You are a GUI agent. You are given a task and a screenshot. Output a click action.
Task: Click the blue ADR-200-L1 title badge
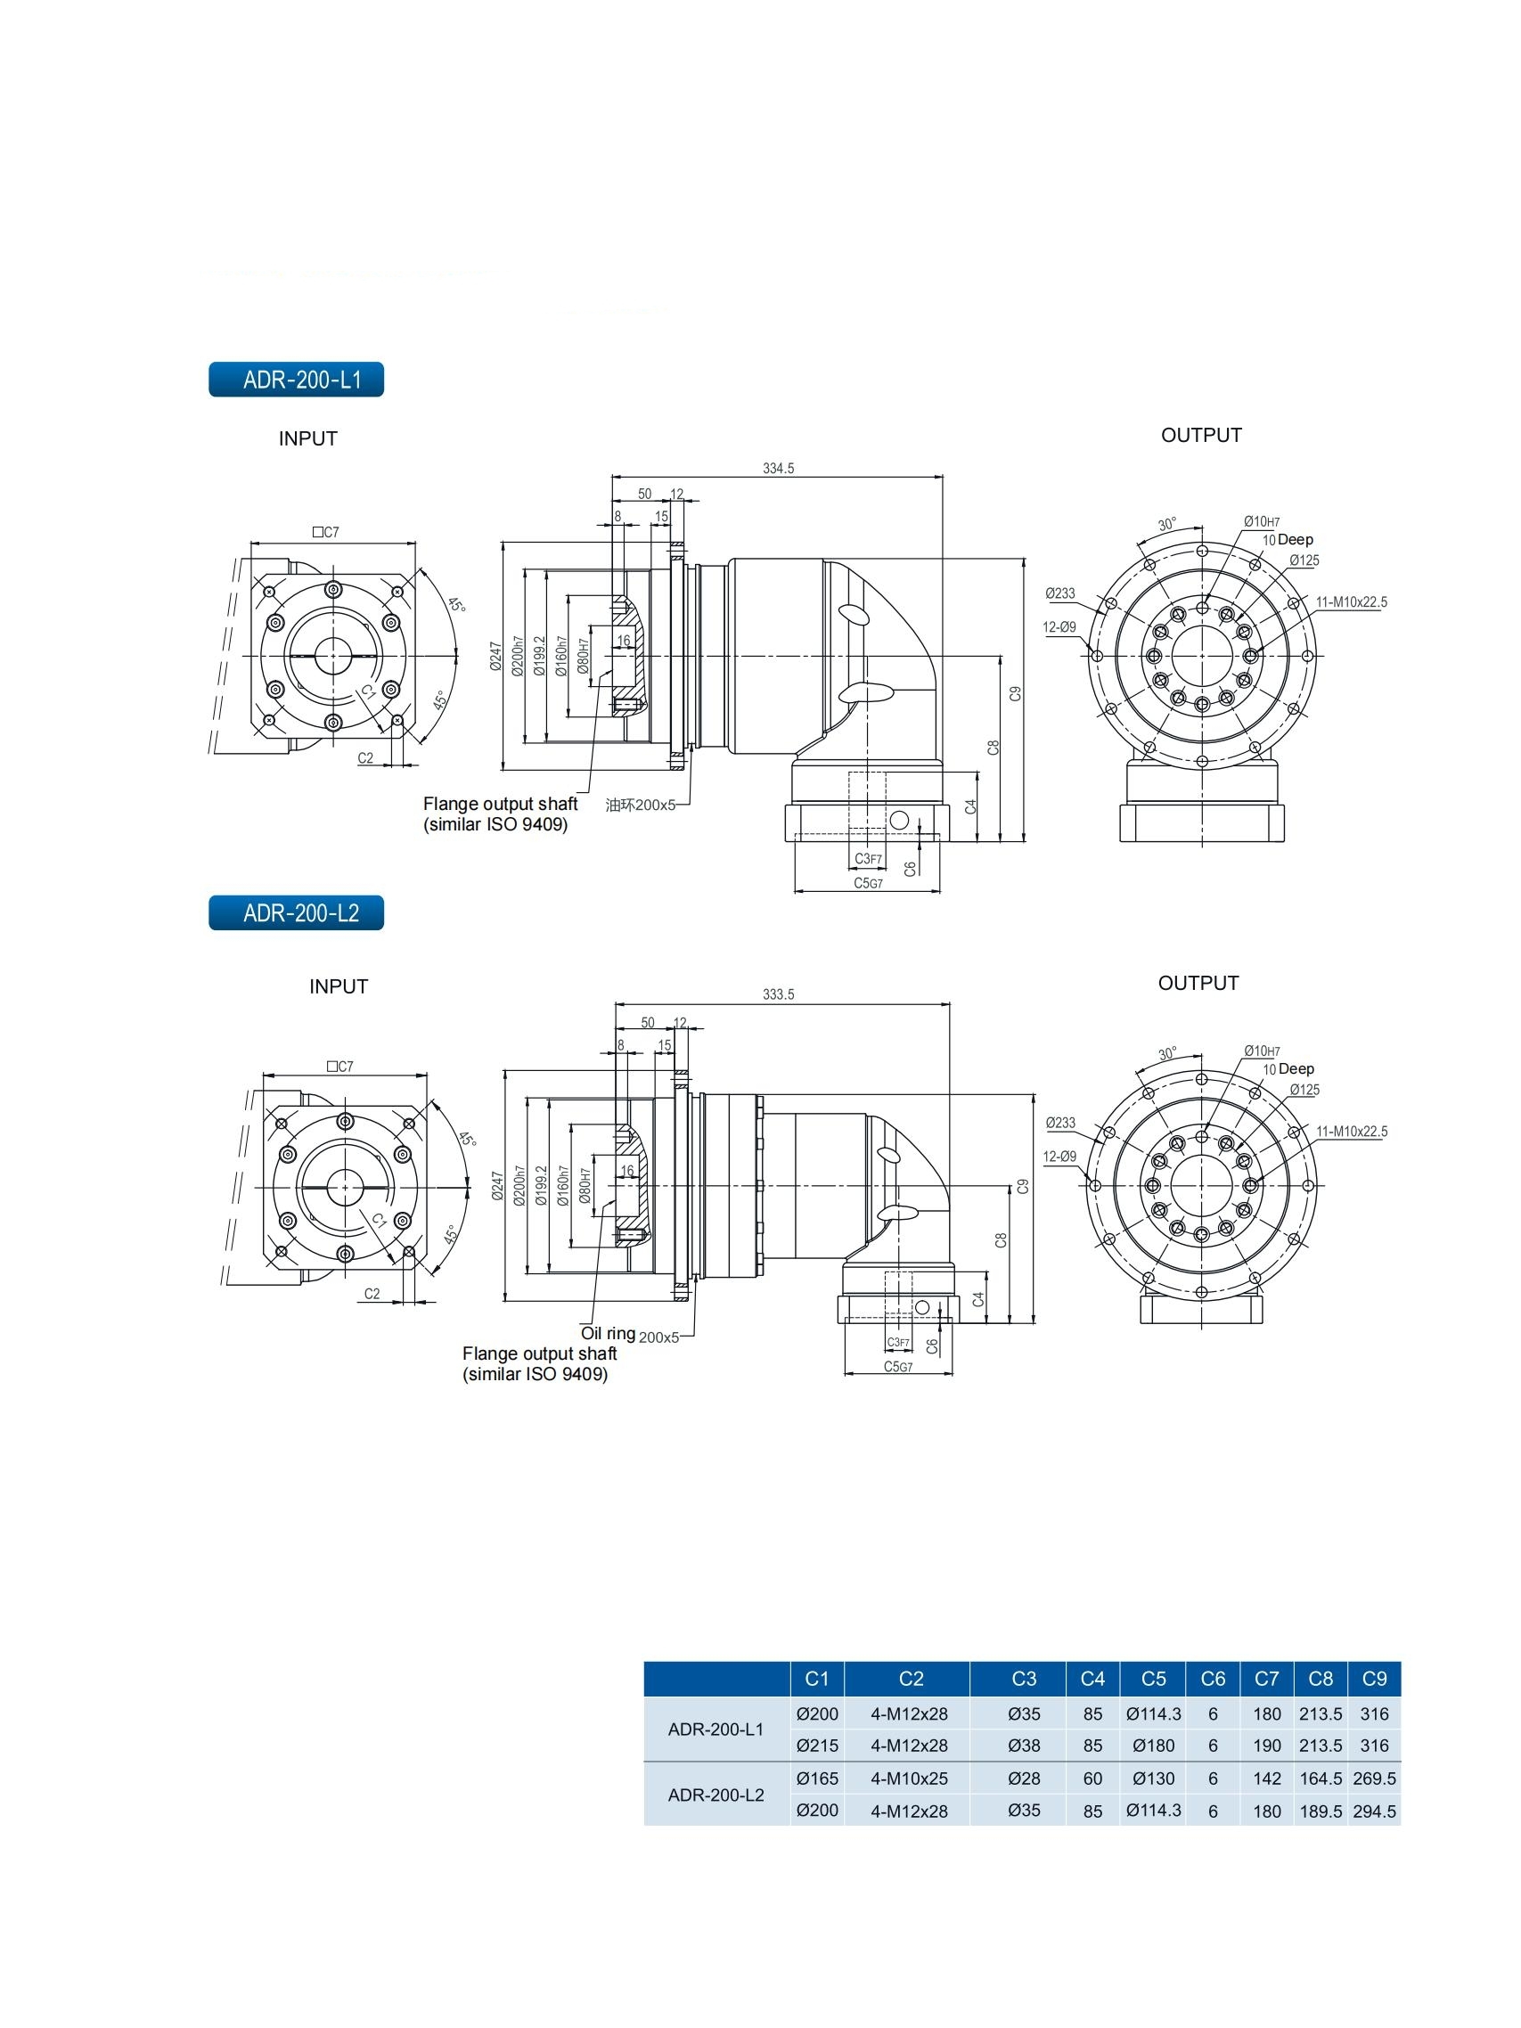(x=295, y=380)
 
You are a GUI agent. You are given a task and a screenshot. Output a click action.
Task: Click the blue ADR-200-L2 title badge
(x=295, y=913)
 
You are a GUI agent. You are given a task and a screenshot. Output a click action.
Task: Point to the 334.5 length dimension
(x=778, y=469)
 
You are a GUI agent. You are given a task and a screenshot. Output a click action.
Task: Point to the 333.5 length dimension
(x=778, y=994)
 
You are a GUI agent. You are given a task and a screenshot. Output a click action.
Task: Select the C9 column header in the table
(x=1373, y=1679)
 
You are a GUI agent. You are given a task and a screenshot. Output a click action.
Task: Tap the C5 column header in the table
(x=1152, y=1679)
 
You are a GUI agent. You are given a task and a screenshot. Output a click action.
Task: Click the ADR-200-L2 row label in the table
(x=716, y=1795)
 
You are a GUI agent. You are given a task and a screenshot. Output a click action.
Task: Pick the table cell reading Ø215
(x=816, y=1746)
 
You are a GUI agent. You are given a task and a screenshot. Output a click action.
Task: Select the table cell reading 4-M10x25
(x=909, y=1779)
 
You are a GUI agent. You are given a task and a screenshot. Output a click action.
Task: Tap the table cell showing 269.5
(x=1373, y=1779)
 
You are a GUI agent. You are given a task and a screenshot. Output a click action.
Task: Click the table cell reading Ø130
(x=1152, y=1779)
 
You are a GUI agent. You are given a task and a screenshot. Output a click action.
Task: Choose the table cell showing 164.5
(x=1320, y=1779)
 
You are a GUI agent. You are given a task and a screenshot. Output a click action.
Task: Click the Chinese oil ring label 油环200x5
(x=640, y=805)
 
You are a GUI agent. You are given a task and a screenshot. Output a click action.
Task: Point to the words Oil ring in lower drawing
(x=608, y=1333)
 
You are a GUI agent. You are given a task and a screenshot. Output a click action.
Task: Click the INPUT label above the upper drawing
(x=308, y=439)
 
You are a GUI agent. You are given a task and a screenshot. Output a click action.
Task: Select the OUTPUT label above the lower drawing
(x=1198, y=984)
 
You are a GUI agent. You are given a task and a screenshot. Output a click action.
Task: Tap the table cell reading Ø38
(x=1023, y=1746)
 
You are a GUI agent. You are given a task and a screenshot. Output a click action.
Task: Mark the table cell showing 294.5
(x=1373, y=1811)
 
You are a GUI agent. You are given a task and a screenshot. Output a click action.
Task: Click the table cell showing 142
(x=1266, y=1779)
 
